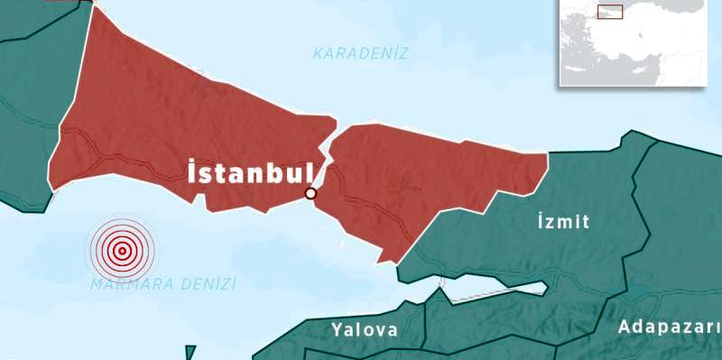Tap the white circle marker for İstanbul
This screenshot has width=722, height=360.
coord(310,193)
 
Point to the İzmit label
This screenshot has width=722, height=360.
coord(562,221)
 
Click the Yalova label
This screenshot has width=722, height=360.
coord(364,329)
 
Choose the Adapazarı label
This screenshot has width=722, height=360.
coord(669,327)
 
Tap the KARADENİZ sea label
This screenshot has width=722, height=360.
coord(361,53)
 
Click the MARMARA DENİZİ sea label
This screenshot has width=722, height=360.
coord(163,284)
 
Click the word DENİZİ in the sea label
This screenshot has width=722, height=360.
coord(206,284)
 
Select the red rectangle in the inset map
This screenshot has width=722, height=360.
coord(610,12)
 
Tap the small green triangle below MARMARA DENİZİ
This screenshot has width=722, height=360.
coord(190,352)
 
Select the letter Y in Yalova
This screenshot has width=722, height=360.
coord(337,329)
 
